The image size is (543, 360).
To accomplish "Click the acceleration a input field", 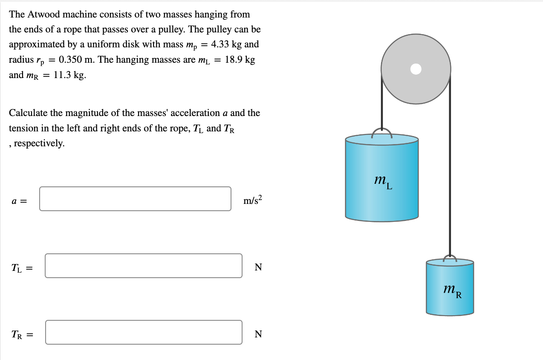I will (x=135, y=199).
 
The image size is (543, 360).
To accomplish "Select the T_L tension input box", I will (x=143, y=266).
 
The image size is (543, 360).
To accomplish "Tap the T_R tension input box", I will (x=144, y=332).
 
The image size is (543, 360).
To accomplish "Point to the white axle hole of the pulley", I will (x=416, y=69).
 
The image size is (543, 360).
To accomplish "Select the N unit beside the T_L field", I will (x=258, y=267).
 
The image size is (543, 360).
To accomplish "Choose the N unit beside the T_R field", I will (x=258, y=334).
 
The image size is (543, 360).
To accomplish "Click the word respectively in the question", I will (x=39, y=143).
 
